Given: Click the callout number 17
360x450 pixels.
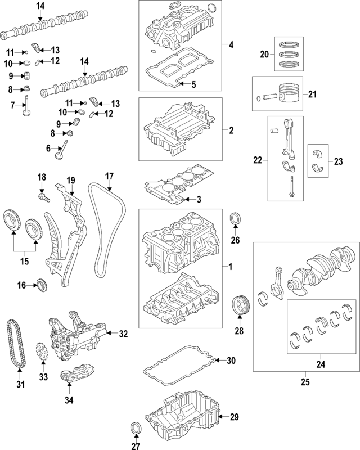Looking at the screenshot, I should pyautogui.click(x=109, y=175).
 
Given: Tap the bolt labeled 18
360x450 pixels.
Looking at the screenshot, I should pyautogui.click(x=43, y=197).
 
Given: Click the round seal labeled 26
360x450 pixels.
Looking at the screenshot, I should pyautogui.click(x=236, y=219).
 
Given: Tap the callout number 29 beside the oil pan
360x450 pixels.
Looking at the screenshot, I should pyautogui.click(x=235, y=417).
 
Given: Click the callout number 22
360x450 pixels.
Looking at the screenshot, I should pyautogui.click(x=258, y=160).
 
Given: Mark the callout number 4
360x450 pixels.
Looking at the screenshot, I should pyautogui.click(x=231, y=44).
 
